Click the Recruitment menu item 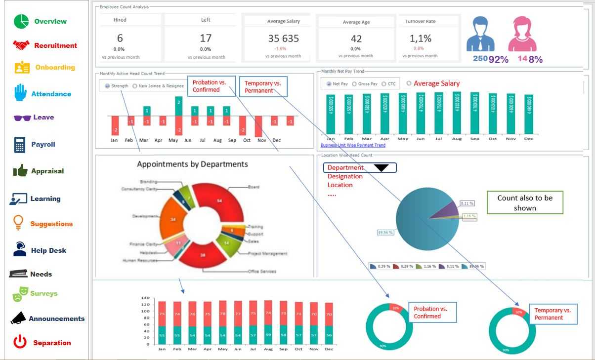click(55, 45)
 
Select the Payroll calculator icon click(20, 145)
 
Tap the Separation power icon click(20, 342)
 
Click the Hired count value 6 click(120, 38)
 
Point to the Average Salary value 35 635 click(283, 39)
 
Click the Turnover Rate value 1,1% click(420, 38)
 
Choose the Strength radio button click(107, 86)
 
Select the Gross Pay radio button click(354, 84)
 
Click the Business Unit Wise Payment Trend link click(353, 145)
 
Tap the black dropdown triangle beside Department click(381, 168)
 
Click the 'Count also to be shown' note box click(525, 202)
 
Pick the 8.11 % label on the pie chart click(467, 203)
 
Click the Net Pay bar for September click(474, 113)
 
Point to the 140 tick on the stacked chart click(145, 298)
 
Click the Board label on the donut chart click(254, 187)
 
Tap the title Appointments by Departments click(192, 164)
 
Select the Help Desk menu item click(48, 250)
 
